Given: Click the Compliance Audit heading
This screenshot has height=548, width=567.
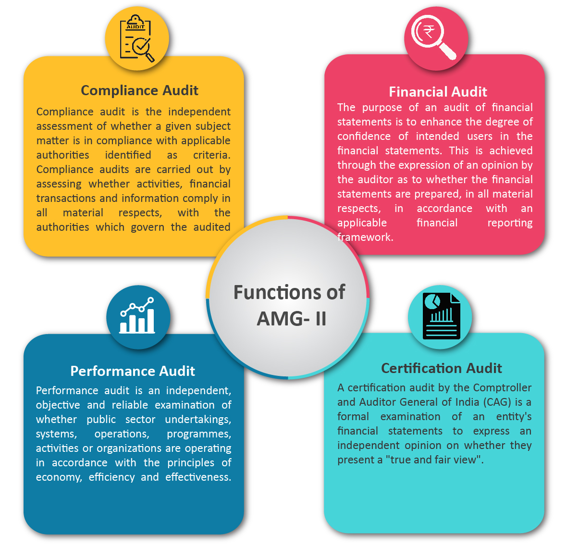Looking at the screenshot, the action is pyautogui.click(x=139, y=90).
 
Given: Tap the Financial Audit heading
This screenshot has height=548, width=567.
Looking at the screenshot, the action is pyautogui.click(x=438, y=92).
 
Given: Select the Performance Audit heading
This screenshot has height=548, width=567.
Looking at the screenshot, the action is pyautogui.click(x=133, y=371).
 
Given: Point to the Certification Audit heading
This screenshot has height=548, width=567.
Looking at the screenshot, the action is pyautogui.click(x=442, y=368).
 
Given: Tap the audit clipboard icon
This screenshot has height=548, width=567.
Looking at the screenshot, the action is pyautogui.click(x=137, y=38).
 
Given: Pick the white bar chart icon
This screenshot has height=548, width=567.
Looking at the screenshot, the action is pyautogui.click(x=137, y=315).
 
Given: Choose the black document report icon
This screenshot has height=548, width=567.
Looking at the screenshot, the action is pyautogui.click(x=442, y=316).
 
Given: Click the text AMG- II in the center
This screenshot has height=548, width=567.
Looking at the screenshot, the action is pyautogui.click(x=292, y=319).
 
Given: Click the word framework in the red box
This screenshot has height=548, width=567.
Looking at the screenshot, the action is pyautogui.click(x=365, y=237).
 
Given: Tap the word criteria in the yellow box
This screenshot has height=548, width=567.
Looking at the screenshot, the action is pyautogui.click(x=212, y=155).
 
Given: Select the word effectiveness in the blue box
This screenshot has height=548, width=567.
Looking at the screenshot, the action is pyautogui.click(x=198, y=477).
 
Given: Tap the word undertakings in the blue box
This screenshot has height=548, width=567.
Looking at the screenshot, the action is pyautogui.click(x=198, y=420).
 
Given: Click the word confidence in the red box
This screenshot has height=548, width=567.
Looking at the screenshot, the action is pyautogui.click(x=364, y=137).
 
